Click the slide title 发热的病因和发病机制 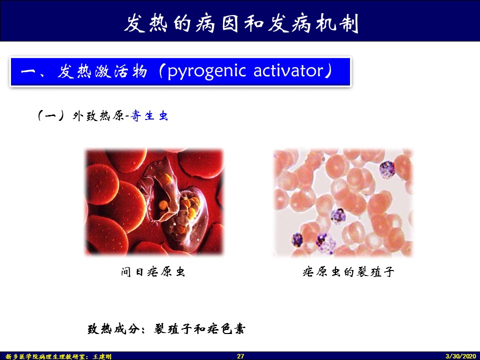[x=241, y=23]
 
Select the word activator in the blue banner [x=288, y=70]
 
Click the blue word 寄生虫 [x=149, y=115]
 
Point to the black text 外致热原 [x=98, y=115]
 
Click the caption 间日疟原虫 [x=153, y=271]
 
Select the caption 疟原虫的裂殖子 [x=348, y=271]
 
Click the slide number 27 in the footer [x=240, y=356]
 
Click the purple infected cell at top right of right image [x=387, y=169]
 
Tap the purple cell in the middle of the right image [x=338, y=216]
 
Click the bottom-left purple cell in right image [x=297, y=239]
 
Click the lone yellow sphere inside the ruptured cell [x=163, y=205]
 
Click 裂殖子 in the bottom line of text [x=172, y=329]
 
